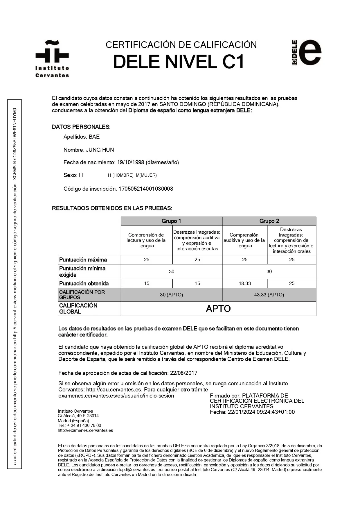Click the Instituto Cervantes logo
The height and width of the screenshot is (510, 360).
tap(52, 59)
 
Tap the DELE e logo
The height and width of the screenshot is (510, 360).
tap(307, 53)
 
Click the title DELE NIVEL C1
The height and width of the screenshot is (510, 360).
tap(179, 62)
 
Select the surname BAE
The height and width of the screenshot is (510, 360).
tap(94, 137)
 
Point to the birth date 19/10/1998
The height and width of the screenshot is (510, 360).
tap(131, 162)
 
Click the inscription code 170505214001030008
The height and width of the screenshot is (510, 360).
tap(146, 189)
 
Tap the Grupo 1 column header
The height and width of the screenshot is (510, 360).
tap(171, 221)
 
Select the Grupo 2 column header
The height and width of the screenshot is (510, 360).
tap(269, 221)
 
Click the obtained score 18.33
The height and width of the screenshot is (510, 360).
tap(245, 284)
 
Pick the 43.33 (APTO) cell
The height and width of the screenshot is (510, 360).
tap(269, 295)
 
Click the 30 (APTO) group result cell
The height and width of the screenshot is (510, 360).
tap(171, 295)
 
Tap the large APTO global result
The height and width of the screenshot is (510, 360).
tap(218, 309)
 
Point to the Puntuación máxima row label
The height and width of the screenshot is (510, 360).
tap(83, 260)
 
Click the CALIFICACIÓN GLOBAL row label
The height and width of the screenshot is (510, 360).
tap(78, 309)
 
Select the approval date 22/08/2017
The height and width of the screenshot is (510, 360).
tap(184, 373)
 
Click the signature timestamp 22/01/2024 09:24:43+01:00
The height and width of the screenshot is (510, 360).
tap(261, 412)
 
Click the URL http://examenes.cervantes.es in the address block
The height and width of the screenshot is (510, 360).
tap(85, 431)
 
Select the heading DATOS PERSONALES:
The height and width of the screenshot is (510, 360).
tap(81, 127)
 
